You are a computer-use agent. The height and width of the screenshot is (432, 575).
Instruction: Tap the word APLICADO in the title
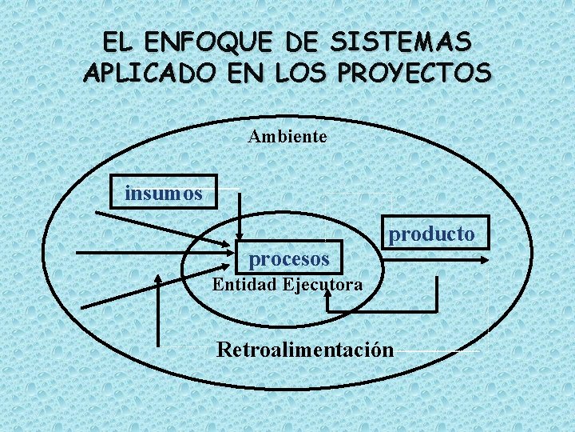point(149,74)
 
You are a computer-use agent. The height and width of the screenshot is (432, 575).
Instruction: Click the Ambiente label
point(287,137)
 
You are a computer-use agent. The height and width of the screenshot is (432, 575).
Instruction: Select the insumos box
point(164,193)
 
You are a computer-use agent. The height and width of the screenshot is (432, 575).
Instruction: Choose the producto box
point(431,234)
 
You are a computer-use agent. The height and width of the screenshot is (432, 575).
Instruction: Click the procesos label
point(289,259)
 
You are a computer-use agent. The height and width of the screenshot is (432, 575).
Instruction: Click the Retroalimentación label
point(306,350)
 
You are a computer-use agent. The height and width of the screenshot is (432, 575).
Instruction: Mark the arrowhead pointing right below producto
point(485,259)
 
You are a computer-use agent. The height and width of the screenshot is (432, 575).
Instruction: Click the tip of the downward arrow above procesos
point(240,238)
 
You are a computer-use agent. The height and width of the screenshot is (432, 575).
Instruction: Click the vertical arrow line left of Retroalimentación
point(161,312)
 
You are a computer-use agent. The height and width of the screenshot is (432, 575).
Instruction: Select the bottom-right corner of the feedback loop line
point(437,310)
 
